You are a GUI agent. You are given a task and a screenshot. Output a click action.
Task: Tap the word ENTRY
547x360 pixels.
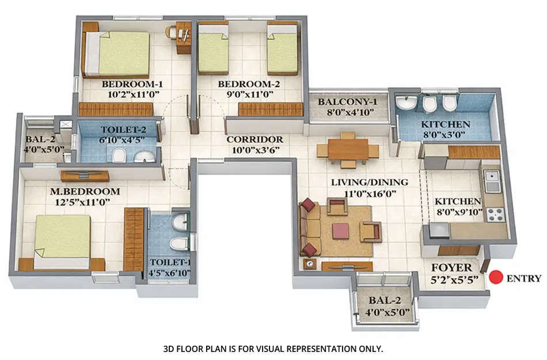tap(524, 279)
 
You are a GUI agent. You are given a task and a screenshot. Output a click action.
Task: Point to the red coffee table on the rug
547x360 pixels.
tap(340, 230)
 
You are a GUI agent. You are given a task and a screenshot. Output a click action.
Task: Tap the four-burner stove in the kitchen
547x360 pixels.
tap(496, 214)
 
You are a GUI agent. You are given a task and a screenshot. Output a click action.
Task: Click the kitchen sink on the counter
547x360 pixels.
tap(492, 182)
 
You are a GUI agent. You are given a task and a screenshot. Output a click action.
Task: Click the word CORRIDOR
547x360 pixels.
tap(254, 139)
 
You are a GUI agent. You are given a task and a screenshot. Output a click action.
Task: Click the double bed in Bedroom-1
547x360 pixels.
tap(122, 53)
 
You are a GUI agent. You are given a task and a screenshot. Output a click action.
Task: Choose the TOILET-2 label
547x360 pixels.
tap(120, 130)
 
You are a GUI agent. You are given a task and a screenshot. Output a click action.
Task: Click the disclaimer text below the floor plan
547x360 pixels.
tap(273, 348)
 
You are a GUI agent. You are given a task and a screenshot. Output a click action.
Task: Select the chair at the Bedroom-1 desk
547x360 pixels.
tap(172, 32)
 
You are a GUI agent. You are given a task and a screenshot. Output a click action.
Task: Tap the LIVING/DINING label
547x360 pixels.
tap(369, 183)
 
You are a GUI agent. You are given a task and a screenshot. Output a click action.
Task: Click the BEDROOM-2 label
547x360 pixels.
tap(249, 84)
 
